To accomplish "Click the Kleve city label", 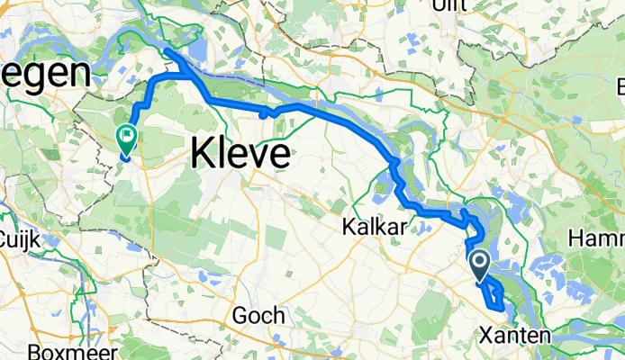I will click(x=240, y=154).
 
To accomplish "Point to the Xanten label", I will click(x=512, y=335).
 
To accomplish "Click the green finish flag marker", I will click(x=126, y=139).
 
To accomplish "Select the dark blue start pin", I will click(x=479, y=264).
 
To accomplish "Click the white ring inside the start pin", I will click(x=479, y=262).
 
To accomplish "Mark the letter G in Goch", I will click(x=240, y=316).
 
